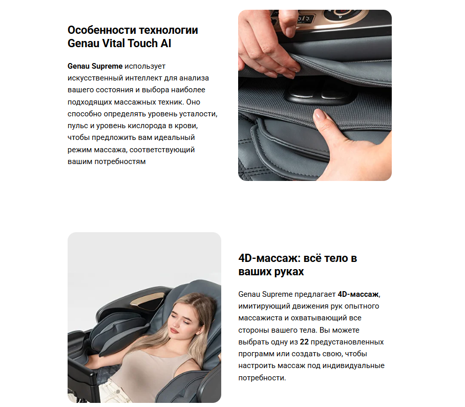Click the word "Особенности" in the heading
click(x=102, y=30)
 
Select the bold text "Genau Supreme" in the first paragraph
click(x=95, y=66)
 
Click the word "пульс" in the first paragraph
click(x=78, y=126)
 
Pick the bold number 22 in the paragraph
click(x=304, y=342)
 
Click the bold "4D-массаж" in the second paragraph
click(x=358, y=294)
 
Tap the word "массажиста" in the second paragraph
click(x=260, y=318)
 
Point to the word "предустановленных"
click(x=347, y=342)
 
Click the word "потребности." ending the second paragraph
click(x=262, y=378)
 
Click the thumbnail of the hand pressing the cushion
click(x=314, y=95)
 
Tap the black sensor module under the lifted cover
click(x=318, y=93)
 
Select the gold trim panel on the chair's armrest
click(x=148, y=301)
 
